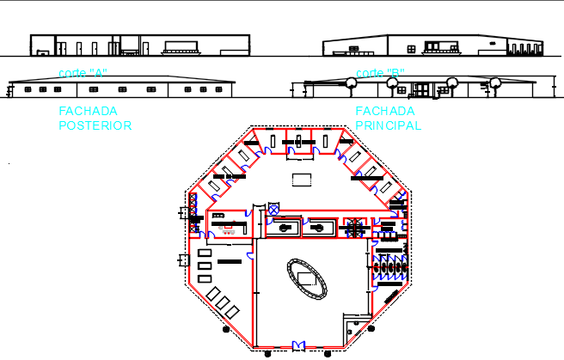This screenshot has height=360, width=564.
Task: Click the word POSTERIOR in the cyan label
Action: [x=95, y=125]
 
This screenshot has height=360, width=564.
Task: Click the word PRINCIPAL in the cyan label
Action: [x=389, y=125]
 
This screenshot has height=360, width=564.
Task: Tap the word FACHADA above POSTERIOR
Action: [x=88, y=111]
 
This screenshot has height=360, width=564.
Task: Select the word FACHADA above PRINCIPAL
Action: [x=385, y=111]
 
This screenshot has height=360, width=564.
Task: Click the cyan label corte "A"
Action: [x=83, y=73]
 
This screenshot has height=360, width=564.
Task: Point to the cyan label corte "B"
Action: [x=380, y=73]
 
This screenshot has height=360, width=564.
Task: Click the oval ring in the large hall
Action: [x=307, y=278]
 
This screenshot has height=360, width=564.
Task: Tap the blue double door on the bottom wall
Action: [x=298, y=345]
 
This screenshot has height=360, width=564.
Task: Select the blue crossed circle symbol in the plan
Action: [x=274, y=209]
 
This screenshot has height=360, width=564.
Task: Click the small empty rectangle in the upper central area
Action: [x=300, y=179]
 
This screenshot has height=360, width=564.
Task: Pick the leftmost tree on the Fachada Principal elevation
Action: [x=351, y=82]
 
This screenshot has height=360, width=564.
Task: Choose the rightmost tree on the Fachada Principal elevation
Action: [x=495, y=83]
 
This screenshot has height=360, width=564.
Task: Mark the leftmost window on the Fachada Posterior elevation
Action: [x=28, y=89]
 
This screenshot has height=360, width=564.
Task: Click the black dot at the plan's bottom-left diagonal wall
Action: [x=224, y=328]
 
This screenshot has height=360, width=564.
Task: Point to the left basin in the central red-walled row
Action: [x=284, y=228]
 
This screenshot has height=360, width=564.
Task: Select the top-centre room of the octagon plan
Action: [x=299, y=140]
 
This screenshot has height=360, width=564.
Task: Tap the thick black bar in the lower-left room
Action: [x=229, y=260]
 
